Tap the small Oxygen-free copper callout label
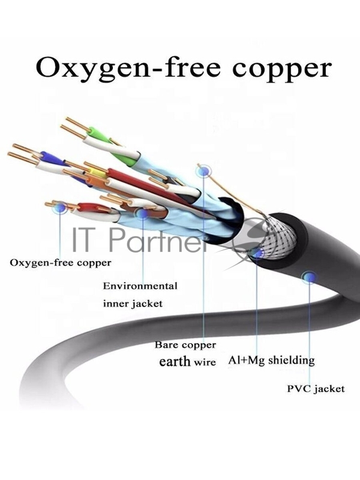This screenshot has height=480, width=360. pyautogui.click(x=61, y=262)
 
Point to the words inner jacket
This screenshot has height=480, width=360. pyautogui.click(x=133, y=303)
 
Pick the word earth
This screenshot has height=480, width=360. pyautogui.click(x=175, y=361)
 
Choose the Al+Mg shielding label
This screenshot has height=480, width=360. pyautogui.click(x=271, y=360)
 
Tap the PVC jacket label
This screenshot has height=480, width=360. pyautogui.click(x=316, y=389)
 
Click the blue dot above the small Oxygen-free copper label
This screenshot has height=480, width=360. pyautogui.click(x=60, y=208)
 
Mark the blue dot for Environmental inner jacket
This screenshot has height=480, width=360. pyautogui.click(x=142, y=214)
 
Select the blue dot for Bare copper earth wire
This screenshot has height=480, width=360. pyautogui.click(x=203, y=172)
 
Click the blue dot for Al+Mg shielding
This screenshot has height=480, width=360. pyautogui.click(x=257, y=254)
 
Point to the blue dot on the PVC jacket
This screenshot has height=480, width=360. pyautogui.click(x=310, y=277)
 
